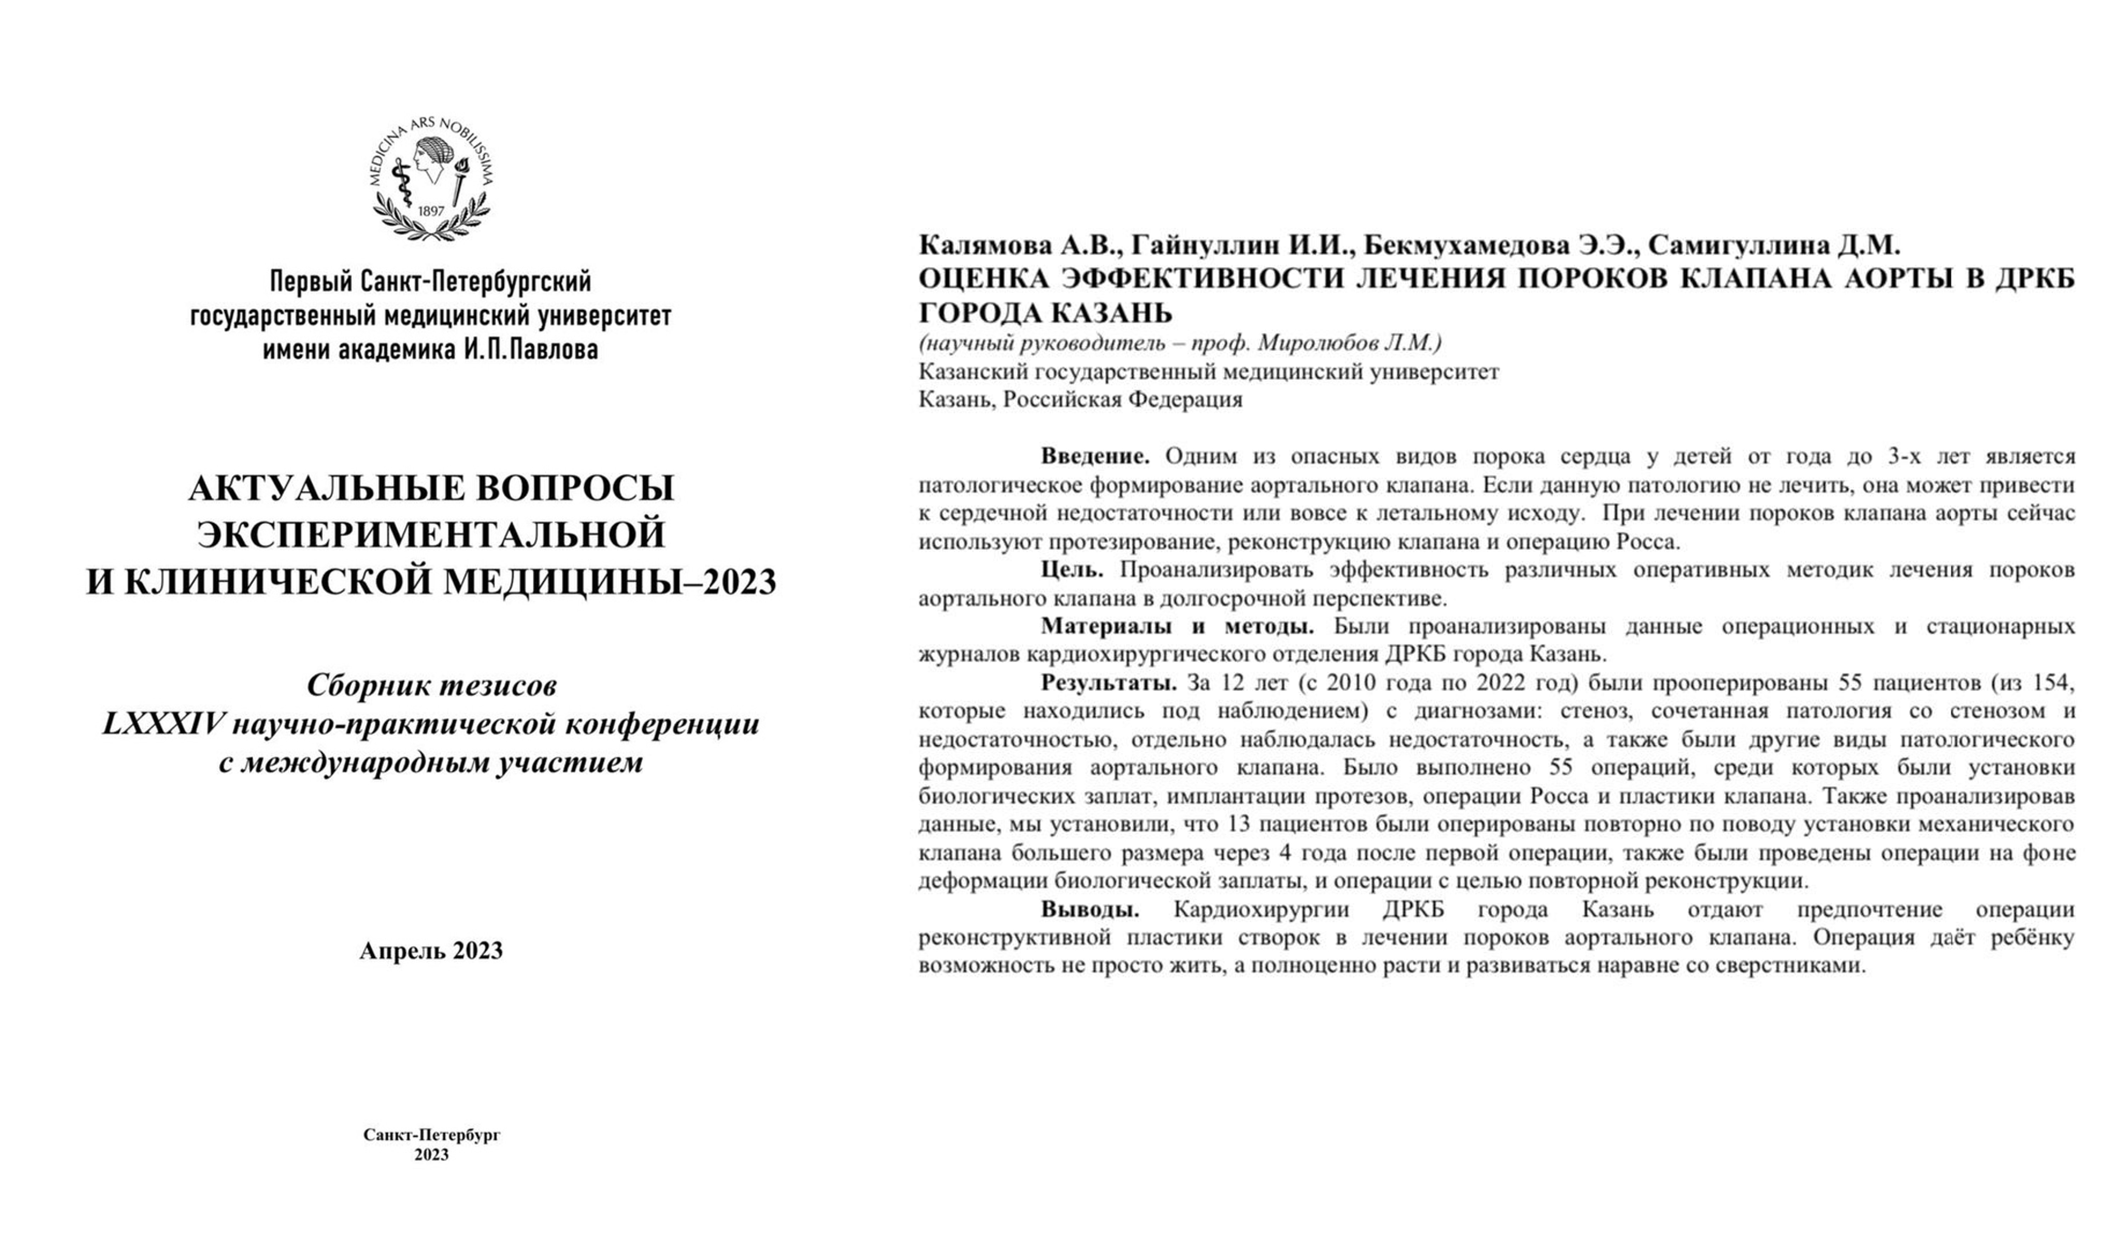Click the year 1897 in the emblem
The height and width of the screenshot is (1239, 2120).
click(x=431, y=211)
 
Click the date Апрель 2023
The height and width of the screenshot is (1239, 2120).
click(x=431, y=950)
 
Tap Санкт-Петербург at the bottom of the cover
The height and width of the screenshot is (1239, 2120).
click(x=432, y=1135)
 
